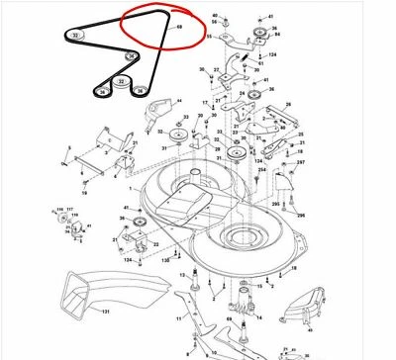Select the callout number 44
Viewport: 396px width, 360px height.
(180, 101)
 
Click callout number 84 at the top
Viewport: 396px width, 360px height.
(275, 36)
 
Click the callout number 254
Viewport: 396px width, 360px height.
(262, 170)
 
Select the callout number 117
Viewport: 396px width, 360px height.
(68, 209)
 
